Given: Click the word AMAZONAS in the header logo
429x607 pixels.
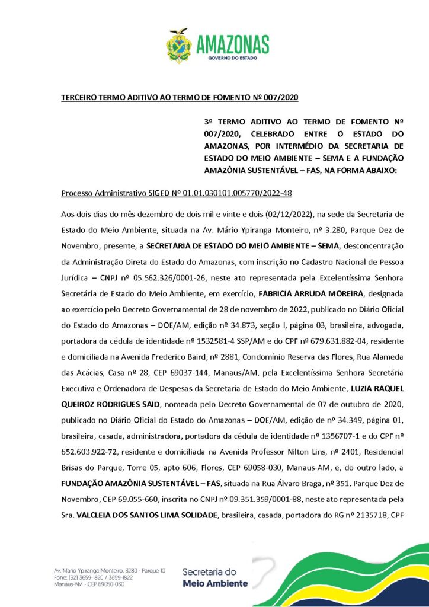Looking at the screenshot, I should click(x=232, y=44).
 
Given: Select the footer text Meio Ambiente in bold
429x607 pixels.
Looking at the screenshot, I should click(x=215, y=583).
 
